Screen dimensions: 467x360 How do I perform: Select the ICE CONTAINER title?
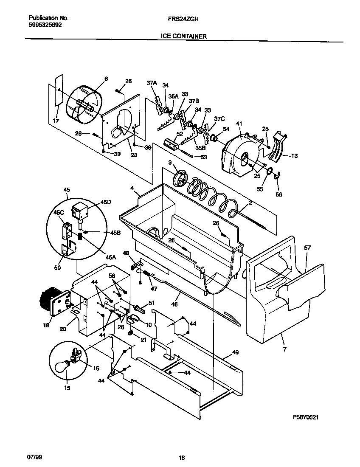tap(184, 37)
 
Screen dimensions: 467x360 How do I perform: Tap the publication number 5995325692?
tap(45, 25)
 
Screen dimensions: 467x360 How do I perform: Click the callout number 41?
tap(239, 124)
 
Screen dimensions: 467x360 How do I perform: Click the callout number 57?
tap(307, 247)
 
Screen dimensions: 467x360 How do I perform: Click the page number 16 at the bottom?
tap(181, 458)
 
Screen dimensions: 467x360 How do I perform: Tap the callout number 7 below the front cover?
tap(284, 349)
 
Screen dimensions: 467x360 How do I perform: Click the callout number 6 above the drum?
tap(106, 79)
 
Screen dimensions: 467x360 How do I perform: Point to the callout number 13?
tap(294, 156)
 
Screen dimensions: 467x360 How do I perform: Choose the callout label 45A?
tap(111, 257)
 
